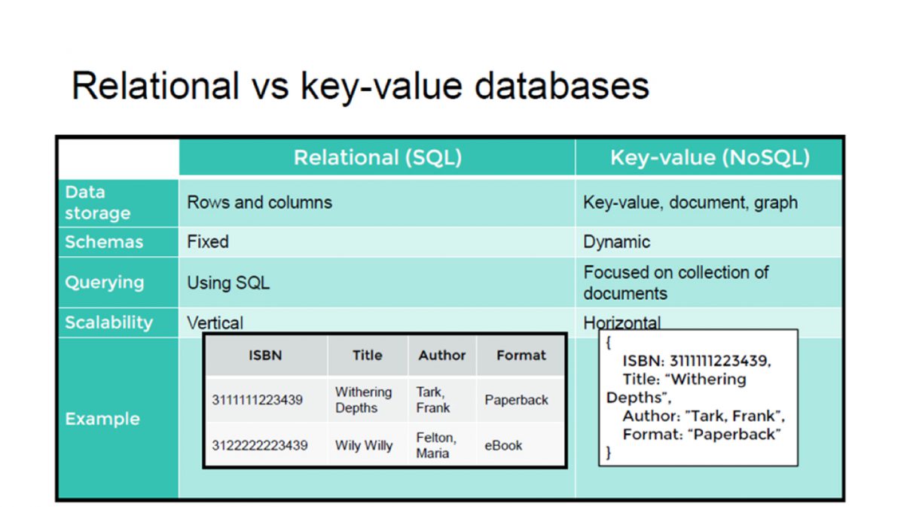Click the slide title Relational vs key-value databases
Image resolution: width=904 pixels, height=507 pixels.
coord(360,87)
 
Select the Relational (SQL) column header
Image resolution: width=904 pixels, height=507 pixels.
coord(377,157)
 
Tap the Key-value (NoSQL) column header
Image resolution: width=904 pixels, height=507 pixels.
coord(710,157)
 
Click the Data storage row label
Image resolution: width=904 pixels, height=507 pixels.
coord(97,203)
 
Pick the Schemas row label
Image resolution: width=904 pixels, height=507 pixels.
coord(104,243)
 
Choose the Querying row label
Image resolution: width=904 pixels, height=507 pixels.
coord(104,283)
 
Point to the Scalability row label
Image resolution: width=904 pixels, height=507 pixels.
coord(108,322)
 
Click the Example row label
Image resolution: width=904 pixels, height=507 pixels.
coord(102,419)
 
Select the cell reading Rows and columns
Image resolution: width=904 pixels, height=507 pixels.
coord(259,203)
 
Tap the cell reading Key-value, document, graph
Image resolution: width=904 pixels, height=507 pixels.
coord(690,203)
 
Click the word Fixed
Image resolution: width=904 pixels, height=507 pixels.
coord(208,243)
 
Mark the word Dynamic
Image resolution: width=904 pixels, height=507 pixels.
coord(616,243)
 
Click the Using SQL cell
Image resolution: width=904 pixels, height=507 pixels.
coord(228,283)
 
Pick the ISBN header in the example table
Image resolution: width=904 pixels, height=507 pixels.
coord(265,356)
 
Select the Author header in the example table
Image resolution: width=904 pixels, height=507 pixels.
coord(442,356)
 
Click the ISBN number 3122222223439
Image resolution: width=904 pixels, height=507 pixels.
coord(259,445)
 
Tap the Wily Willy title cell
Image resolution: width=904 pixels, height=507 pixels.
coord(364,445)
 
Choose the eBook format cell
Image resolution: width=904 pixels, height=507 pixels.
coord(503,445)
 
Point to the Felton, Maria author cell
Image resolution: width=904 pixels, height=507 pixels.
coord(435,445)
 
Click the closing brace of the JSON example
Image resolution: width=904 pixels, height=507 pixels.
coord(609,453)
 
